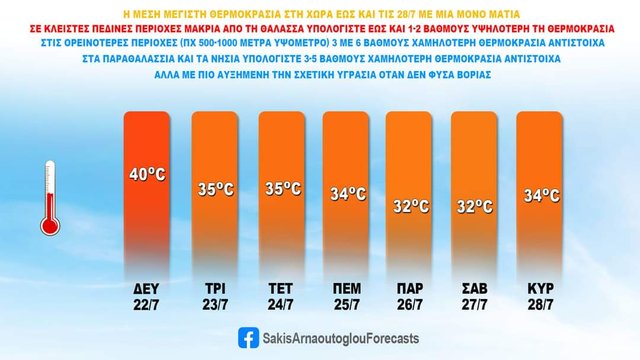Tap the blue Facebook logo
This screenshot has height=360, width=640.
click(x=245, y=338)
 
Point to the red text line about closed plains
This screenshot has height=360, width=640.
click(x=320, y=31)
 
